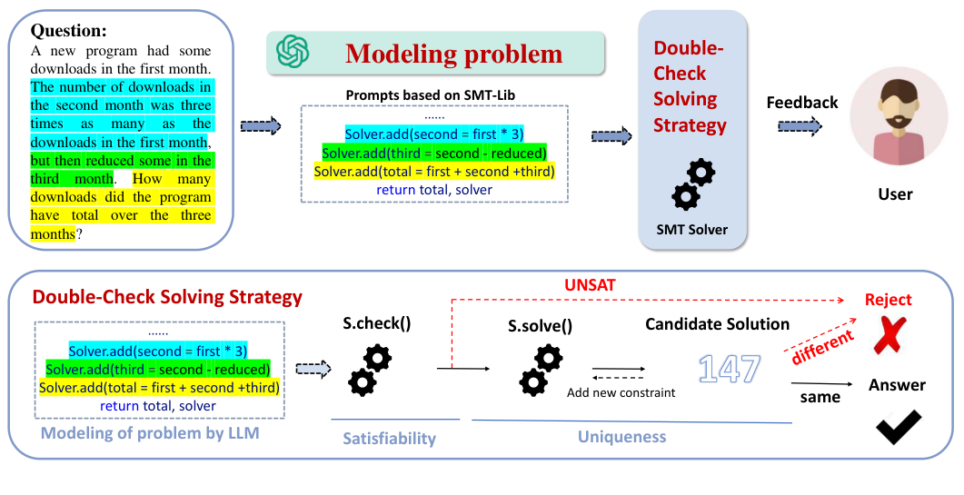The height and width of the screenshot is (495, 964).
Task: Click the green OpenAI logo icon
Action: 293,53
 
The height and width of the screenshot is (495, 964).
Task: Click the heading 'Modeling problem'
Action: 453,54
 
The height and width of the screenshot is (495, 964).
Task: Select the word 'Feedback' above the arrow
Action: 801,103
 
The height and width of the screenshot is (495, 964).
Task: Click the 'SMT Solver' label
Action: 691,229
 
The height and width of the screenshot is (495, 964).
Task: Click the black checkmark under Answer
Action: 898,428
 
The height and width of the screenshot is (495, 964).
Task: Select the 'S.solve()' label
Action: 540,324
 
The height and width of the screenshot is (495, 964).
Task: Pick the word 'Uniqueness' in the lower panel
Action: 621,437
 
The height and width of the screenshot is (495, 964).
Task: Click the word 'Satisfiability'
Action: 389,439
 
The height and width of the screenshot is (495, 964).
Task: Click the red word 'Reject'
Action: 888,300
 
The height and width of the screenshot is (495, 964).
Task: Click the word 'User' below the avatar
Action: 895,193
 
